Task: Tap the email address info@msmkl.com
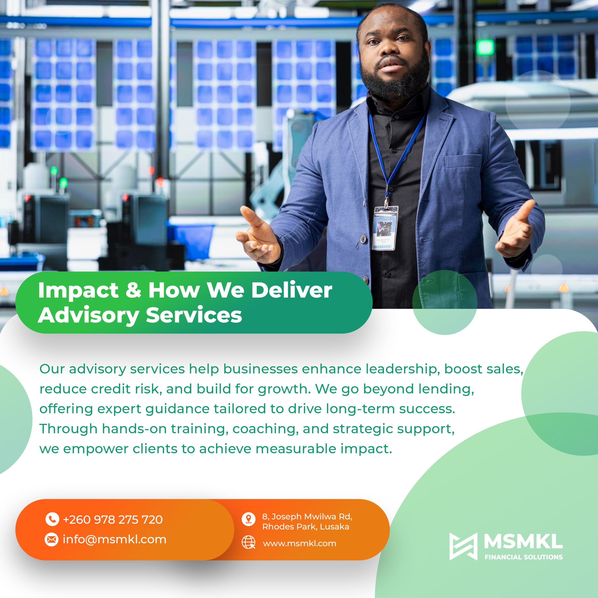click(114, 540)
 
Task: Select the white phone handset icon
click(52, 519)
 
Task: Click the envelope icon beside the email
click(52, 540)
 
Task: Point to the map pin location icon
click(249, 519)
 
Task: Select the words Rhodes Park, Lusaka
click(306, 527)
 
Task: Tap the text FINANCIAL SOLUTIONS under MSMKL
click(524, 557)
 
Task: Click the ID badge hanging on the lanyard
click(385, 228)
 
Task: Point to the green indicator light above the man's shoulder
click(485, 47)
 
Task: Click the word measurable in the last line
click(296, 449)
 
